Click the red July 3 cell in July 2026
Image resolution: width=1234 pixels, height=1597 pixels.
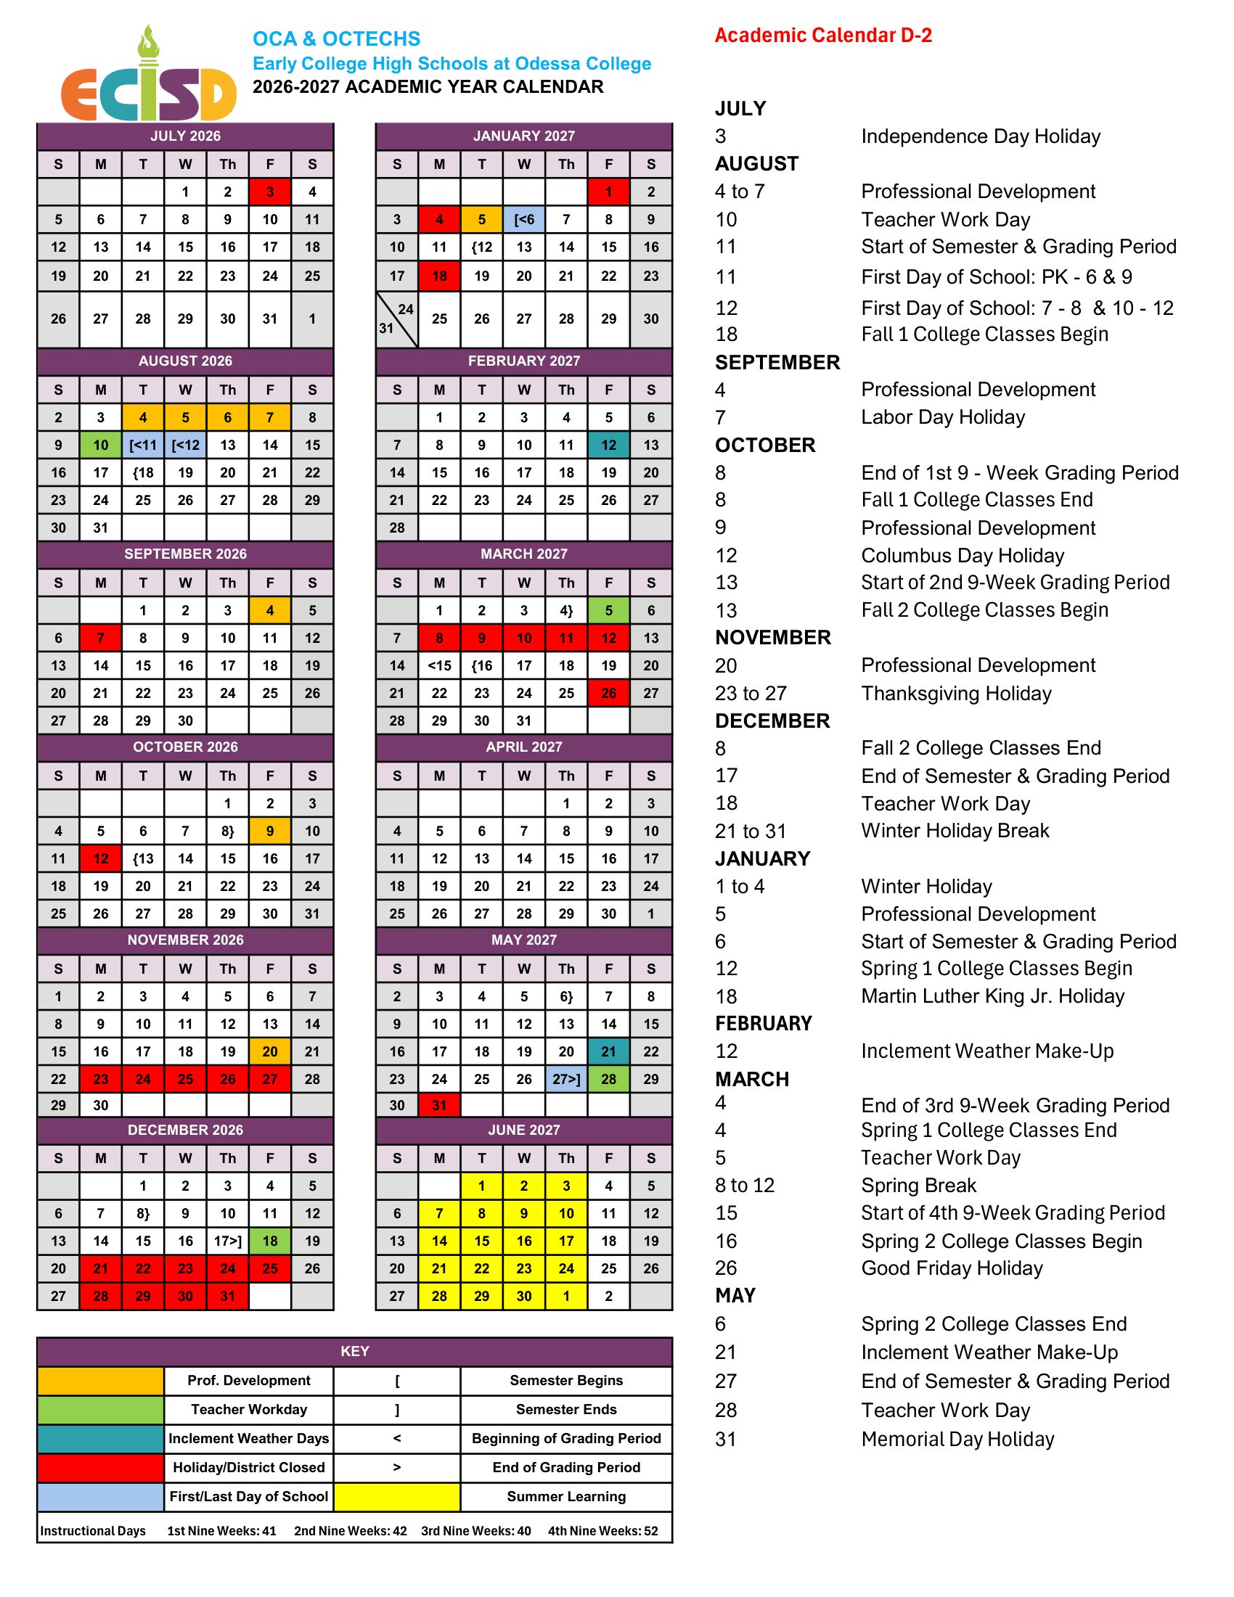click(x=270, y=192)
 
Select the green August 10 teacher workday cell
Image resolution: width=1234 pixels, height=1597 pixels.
click(x=101, y=445)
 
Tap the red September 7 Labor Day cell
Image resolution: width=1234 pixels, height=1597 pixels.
click(x=101, y=638)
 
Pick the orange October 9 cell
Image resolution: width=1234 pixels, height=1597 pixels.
click(x=270, y=831)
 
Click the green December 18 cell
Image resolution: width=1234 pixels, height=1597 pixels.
click(x=270, y=1241)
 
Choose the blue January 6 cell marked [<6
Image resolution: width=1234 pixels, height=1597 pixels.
click(x=524, y=219)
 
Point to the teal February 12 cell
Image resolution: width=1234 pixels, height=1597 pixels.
click(x=608, y=445)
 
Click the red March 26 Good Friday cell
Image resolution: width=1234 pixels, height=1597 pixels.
click(x=608, y=693)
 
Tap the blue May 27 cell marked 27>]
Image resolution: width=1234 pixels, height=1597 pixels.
click(x=566, y=1079)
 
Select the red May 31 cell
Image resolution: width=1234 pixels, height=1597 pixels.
click(x=439, y=1106)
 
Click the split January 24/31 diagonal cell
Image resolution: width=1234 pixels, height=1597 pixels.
click(x=397, y=319)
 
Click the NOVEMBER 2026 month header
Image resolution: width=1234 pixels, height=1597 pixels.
click(x=186, y=940)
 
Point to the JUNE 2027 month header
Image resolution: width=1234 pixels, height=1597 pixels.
click(x=524, y=1130)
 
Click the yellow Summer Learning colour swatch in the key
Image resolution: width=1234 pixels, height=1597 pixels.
click(x=397, y=1496)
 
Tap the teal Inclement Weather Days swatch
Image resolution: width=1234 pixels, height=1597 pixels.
click(x=101, y=1438)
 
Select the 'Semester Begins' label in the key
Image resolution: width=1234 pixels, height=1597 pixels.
click(x=566, y=1381)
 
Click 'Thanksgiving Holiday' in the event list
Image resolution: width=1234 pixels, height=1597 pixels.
click(x=956, y=693)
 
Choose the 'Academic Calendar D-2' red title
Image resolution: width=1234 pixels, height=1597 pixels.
click(x=823, y=35)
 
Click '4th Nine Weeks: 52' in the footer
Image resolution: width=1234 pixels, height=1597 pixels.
click(x=602, y=1530)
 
